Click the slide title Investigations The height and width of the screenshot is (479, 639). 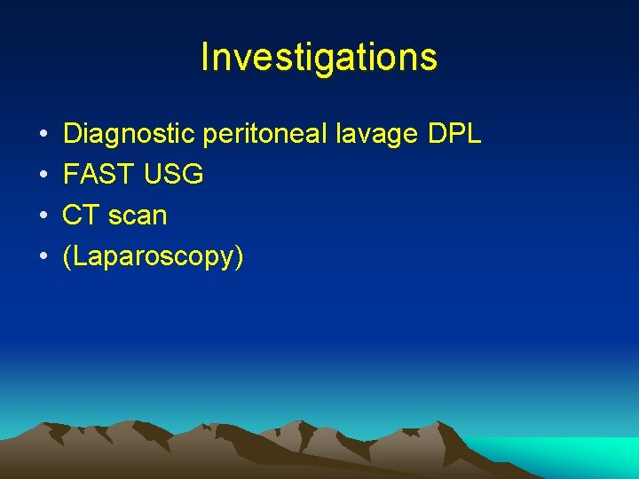pyautogui.click(x=319, y=58)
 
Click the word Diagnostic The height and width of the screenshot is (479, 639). pyautogui.click(x=130, y=134)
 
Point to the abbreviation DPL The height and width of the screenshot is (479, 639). pyautogui.click(x=454, y=134)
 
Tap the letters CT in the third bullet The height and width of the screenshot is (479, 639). pyautogui.click(x=78, y=216)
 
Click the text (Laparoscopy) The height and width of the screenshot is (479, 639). pyautogui.click(x=153, y=257)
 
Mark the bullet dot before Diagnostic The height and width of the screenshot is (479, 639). pyautogui.click(x=43, y=135)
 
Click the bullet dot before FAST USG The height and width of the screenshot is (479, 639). pyautogui.click(x=43, y=176)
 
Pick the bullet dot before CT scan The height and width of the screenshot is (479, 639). pyautogui.click(x=43, y=216)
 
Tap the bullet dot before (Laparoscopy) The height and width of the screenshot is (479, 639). pyautogui.click(x=43, y=257)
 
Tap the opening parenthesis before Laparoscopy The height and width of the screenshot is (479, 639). pyautogui.click(x=67, y=257)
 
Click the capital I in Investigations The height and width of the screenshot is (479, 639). pyautogui.click(x=205, y=58)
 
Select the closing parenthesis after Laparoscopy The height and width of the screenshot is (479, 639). pyautogui.click(x=239, y=257)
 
